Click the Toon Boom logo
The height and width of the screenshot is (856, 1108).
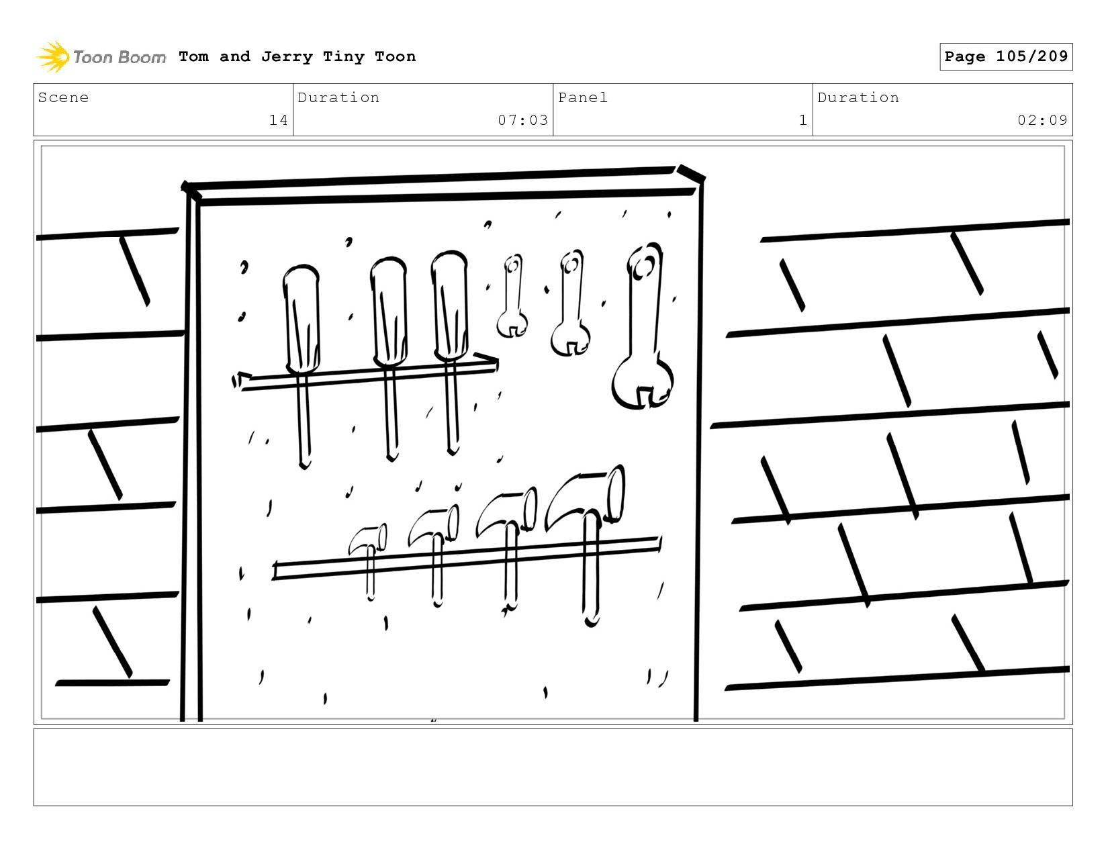(101, 56)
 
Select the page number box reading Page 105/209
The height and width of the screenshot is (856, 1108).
(1005, 56)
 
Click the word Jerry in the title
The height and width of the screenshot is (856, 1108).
(287, 56)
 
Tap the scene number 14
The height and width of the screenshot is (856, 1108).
(279, 120)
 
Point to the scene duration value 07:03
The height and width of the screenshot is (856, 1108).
(522, 120)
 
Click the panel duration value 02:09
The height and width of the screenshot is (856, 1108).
(1042, 120)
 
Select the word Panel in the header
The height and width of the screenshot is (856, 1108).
(583, 97)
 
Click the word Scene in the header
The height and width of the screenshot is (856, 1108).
(63, 97)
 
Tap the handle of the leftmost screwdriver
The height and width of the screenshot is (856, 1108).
(302, 319)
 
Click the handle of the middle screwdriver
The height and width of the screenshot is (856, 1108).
(389, 312)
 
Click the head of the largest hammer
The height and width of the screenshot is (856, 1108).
(586, 497)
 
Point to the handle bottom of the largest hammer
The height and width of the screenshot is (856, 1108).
(592, 622)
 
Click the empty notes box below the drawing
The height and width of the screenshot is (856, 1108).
(553, 767)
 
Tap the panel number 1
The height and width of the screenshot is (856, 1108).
(803, 120)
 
